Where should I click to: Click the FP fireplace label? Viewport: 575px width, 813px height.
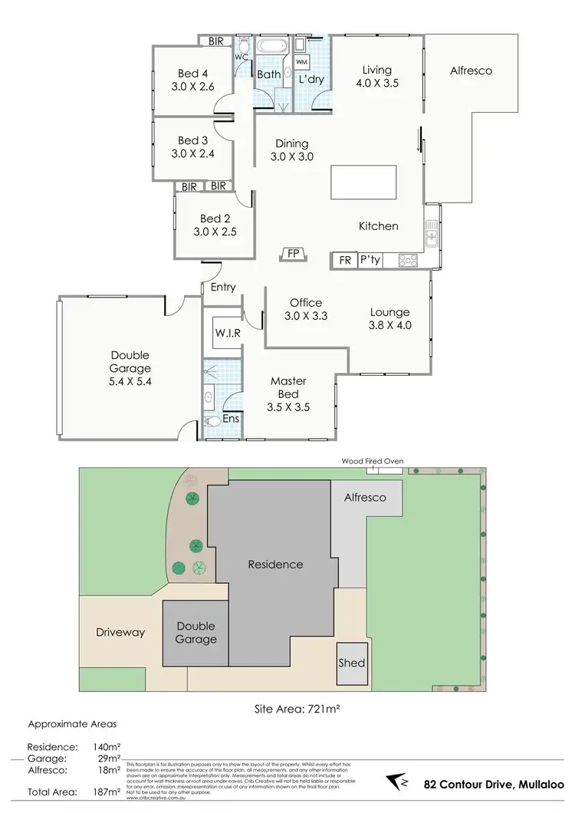[293, 253]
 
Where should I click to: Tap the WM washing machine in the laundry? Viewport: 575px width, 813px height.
[301, 61]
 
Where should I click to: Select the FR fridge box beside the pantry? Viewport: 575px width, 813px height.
[345, 261]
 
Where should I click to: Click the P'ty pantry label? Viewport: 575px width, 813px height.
[370, 261]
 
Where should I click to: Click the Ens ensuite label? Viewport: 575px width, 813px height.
[230, 419]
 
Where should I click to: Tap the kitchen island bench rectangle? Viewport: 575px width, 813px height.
[367, 183]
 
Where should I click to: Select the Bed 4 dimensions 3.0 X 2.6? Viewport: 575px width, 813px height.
[193, 87]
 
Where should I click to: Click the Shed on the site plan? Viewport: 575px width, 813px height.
[352, 663]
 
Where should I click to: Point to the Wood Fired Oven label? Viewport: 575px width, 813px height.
[373, 461]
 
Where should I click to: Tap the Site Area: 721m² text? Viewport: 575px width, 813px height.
[297, 710]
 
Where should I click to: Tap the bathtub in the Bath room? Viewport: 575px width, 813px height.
[271, 45]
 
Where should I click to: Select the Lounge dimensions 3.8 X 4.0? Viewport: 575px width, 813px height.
[390, 325]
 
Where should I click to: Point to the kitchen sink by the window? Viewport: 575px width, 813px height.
[432, 232]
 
